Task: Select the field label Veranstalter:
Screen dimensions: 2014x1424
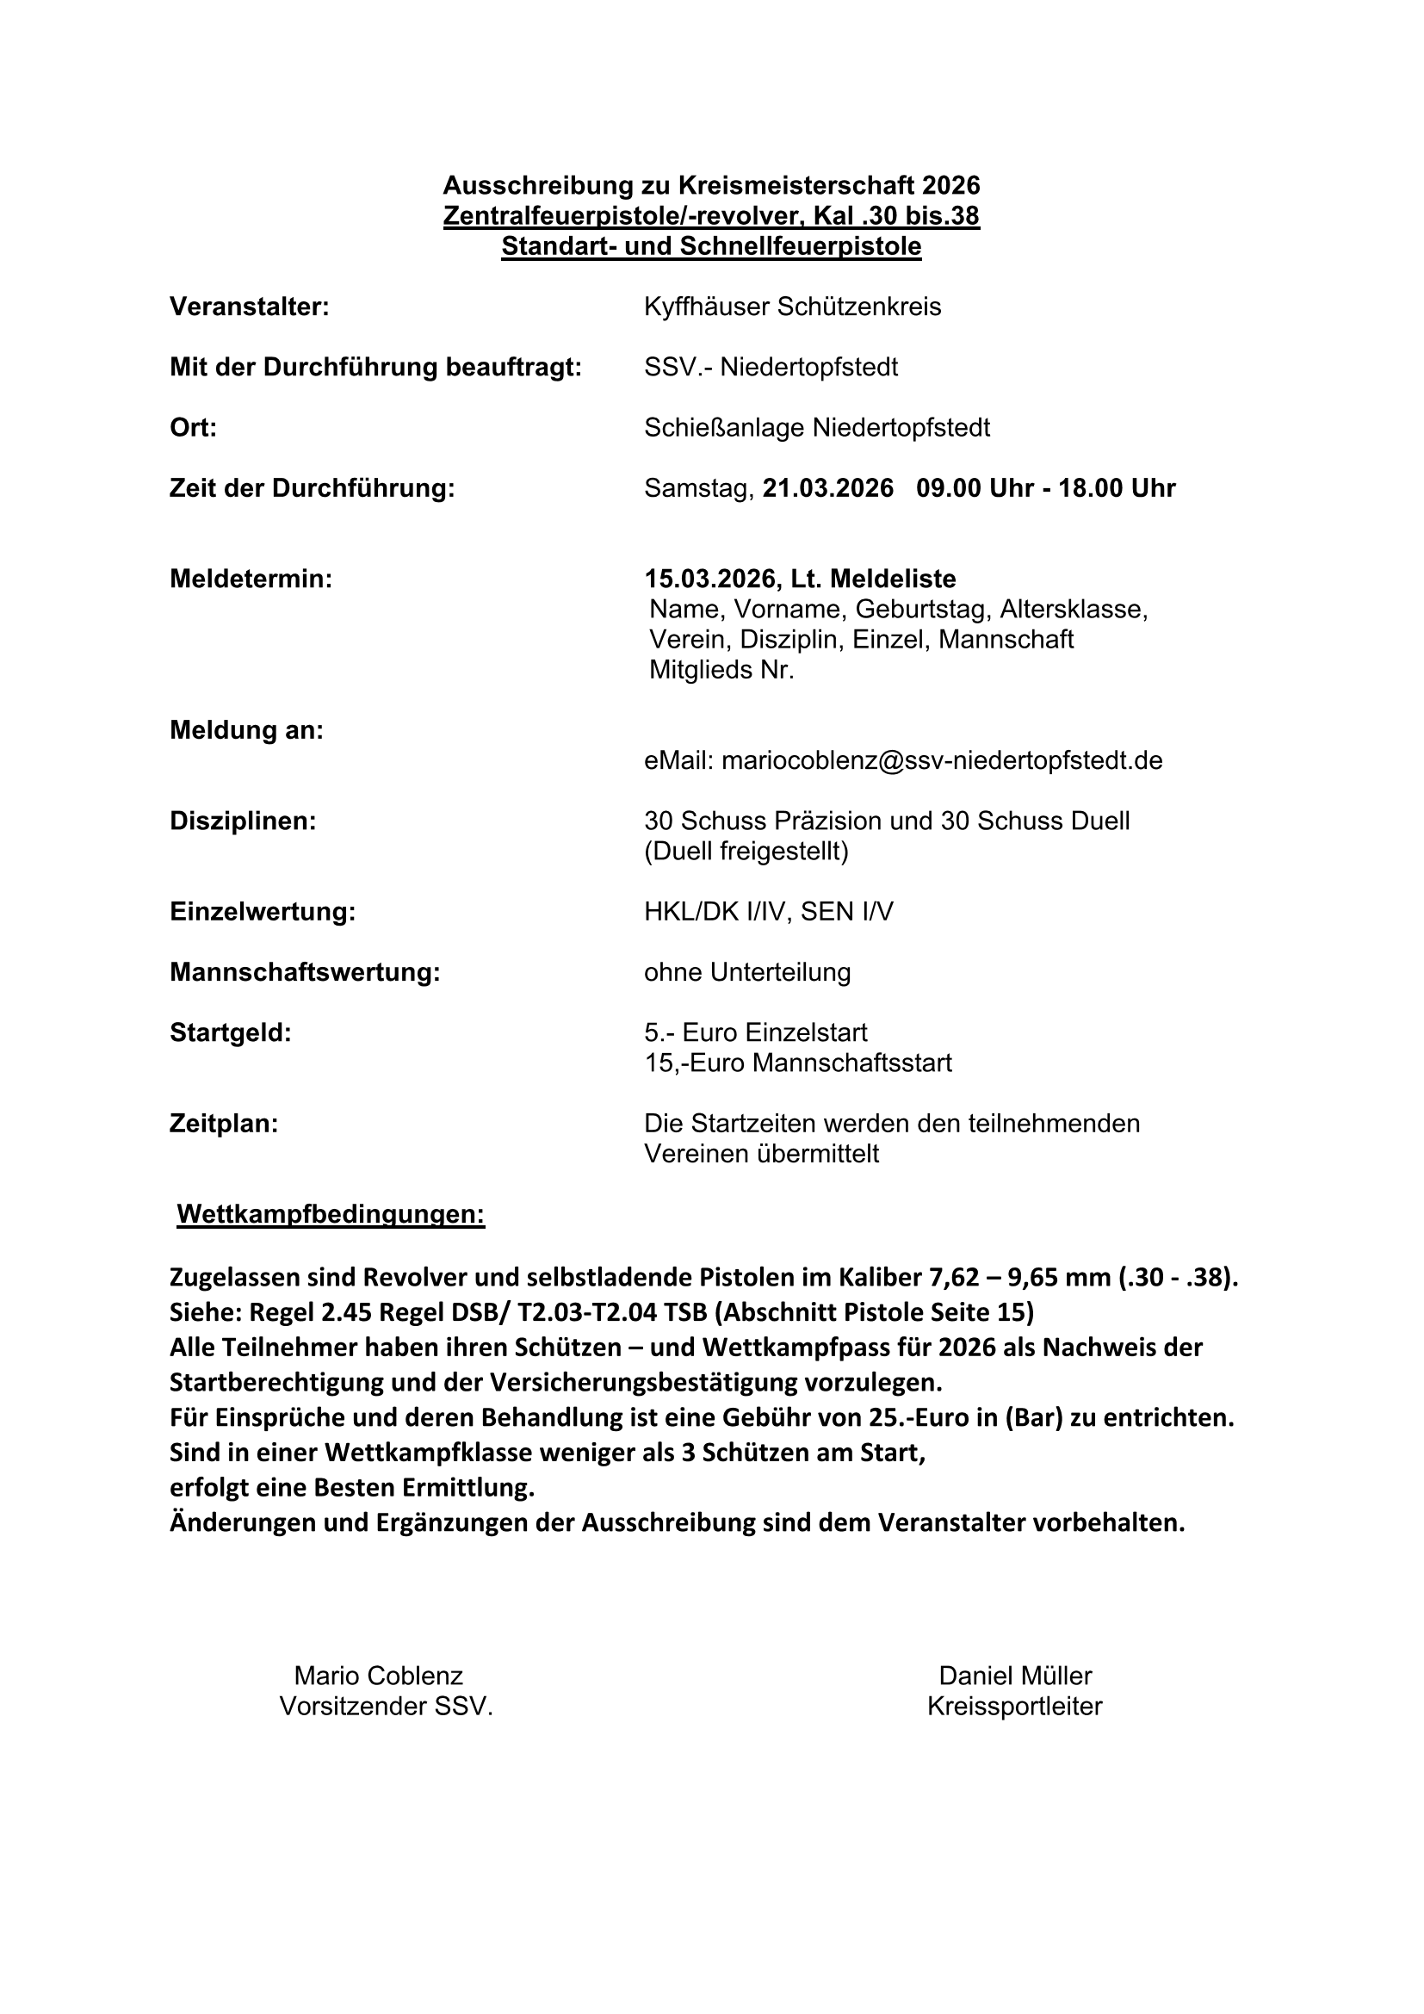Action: click(x=249, y=307)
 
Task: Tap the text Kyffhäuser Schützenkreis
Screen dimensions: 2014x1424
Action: click(x=792, y=307)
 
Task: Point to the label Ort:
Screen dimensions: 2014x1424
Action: click(x=193, y=428)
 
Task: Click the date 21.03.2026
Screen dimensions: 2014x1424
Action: click(x=827, y=488)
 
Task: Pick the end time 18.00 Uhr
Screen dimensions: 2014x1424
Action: click(x=1117, y=488)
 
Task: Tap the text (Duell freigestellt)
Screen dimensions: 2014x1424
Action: click(x=746, y=852)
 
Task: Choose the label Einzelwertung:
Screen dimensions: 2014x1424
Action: click(x=263, y=912)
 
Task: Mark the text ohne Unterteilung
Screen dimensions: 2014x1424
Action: click(x=747, y=973)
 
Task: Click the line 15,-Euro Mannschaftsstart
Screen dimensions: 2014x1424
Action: click(x=798, y=1063)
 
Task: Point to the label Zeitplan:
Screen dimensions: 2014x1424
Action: click(x=224, y=1124)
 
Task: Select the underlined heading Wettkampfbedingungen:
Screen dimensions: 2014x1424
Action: click(x=331, y=1215)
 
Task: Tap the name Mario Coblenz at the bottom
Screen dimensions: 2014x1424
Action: click(x=378, y=1676)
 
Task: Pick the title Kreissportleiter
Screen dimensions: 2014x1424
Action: click(x=1014, y=1707)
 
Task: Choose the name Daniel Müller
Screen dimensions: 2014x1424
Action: click(x=1015, y=1676)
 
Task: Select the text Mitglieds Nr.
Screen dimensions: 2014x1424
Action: click(x=721, y=670)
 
